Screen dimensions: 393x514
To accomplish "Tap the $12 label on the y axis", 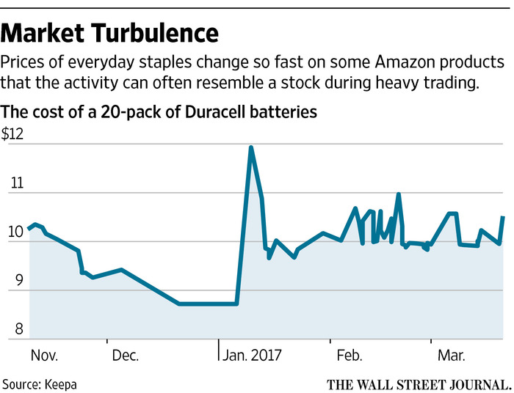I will [13, 134].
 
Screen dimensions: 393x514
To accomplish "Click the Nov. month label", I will [44, 356].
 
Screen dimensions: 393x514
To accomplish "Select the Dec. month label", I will [126, 356].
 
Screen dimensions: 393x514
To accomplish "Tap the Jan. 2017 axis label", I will [251, 356].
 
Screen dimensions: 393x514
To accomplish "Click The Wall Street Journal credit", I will [419, 383].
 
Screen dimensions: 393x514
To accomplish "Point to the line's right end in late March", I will [503, 217].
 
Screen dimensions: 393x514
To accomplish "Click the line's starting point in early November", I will [29, 229].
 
